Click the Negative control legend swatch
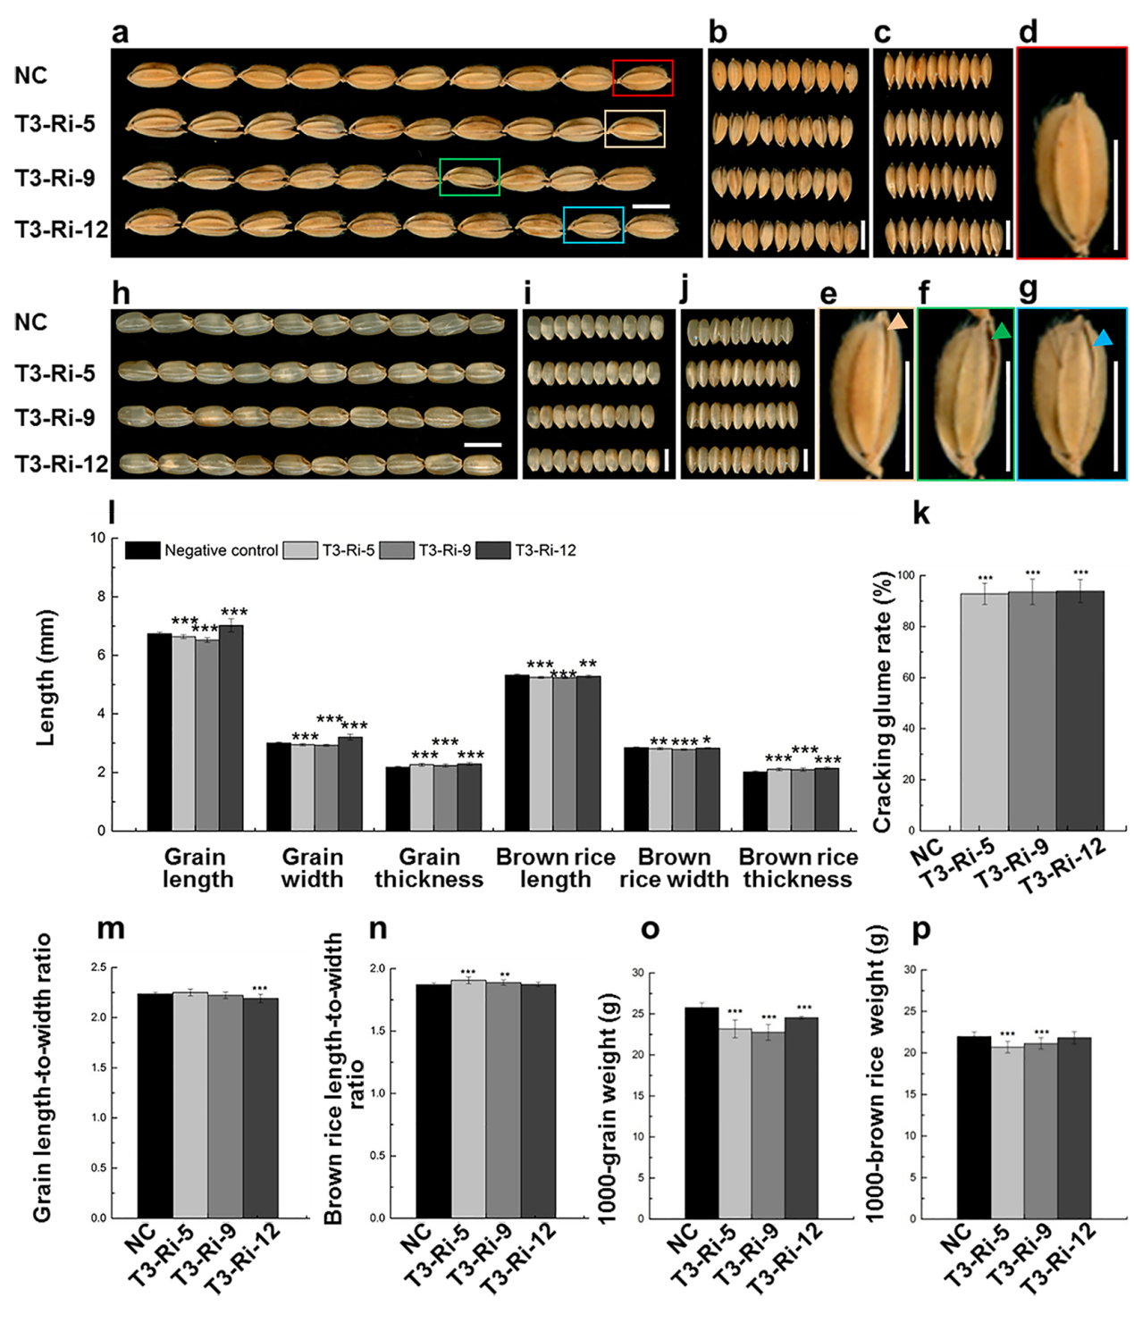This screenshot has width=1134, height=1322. pyautogui.click(x=143, y=550)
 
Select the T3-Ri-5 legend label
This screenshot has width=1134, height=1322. pyautogui.click(x=349, y=550)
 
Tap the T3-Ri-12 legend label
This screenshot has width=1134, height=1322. pyautogui.click(x=545, y=550)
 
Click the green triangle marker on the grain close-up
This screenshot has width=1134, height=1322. pyautogui.click(x=1001, y=332)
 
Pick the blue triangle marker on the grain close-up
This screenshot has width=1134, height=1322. pyautogui.click(x=1104, y=338)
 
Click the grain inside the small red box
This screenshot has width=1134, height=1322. pyautogui.click(x=643, y=79)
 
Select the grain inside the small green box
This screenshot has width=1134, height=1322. pyautogui.click(x=469, y=177)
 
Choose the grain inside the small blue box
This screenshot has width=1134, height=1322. pyautogui.click(x=593, y=225)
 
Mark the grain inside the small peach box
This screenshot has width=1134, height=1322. pyautogui.click(x=634, y=129)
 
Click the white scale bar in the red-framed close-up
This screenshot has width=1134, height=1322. pyautogui.click(x=1115, y=194)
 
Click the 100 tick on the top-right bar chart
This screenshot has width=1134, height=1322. pyautogui.click(x=906, y=575)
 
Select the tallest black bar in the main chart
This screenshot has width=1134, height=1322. pyautogui.click(x=159, y=732)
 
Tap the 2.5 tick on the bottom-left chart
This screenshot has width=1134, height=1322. pyautogui.click(x=97, y=967)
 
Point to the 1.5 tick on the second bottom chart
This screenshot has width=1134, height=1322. pyautogui.click(x=376, y=1031)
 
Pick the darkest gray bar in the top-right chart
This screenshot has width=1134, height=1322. pyautogui.click(x=1079, y=712)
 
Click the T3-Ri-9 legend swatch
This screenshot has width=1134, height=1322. pyautogui.click(x=397, y=550)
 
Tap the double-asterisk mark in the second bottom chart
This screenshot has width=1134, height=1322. pyautogui.click(x=505, y=975)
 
